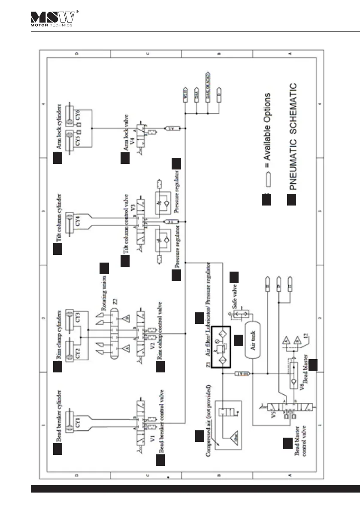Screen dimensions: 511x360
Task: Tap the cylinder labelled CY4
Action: pyautogui.click(x=79, y=222)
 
